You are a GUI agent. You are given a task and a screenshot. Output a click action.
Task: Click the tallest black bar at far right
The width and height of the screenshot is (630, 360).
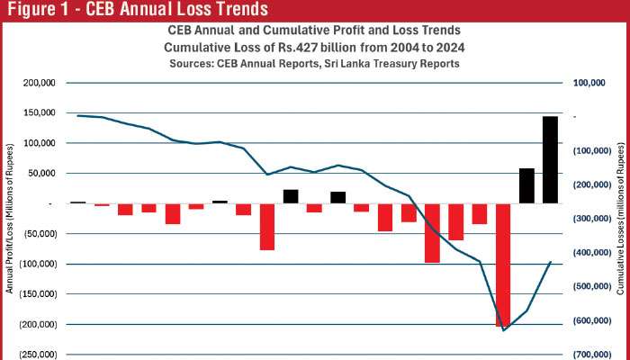pos(550,159)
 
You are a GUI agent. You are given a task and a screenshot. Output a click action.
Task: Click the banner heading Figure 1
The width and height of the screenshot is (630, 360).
pos(136,10)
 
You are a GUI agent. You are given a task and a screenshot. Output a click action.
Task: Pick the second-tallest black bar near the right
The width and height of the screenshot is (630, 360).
pos(526,185)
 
